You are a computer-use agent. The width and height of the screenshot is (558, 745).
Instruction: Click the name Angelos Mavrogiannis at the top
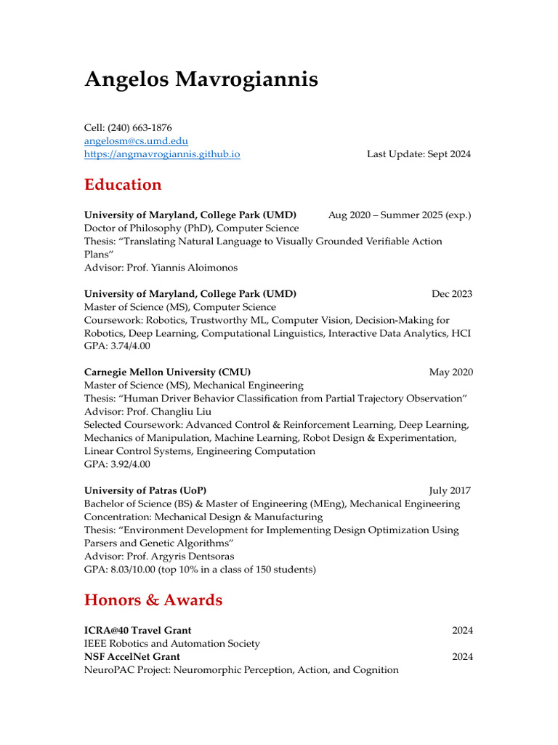point(201,79)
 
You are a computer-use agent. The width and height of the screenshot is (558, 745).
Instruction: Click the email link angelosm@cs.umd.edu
point(136,140)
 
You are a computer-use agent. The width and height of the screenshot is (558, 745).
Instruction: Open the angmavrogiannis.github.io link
point(162,154)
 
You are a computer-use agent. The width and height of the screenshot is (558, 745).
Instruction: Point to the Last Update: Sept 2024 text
point(418,154)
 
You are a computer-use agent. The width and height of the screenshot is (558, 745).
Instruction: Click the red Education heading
point(123,185)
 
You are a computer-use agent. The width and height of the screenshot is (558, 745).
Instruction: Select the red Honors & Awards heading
point(153,600)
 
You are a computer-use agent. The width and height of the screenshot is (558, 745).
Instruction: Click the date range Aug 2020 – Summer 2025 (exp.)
point(400,215)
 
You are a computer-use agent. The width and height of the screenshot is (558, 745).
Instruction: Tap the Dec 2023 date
point(451,294)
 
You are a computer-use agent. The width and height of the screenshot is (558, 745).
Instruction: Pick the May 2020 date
point(450,372)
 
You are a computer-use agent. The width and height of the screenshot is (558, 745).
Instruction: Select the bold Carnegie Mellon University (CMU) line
point(167,372)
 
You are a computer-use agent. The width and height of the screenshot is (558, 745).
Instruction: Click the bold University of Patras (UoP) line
point(150,490)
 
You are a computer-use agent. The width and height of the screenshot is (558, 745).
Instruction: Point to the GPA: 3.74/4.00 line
point(117,346)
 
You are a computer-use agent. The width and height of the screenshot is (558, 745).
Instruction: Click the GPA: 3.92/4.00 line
point(117,464)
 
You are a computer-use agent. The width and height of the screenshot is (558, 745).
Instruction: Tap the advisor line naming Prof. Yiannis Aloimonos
point(161,268)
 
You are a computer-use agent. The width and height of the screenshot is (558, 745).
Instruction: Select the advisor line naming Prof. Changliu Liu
point(150,412)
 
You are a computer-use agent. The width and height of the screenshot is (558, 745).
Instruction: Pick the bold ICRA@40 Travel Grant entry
point(138,630)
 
